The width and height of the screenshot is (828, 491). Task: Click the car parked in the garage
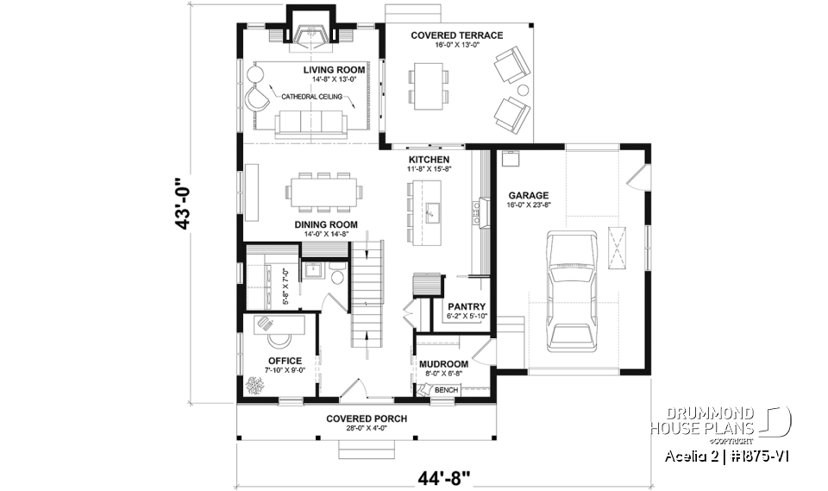pyautogui.click(x=570, y=290)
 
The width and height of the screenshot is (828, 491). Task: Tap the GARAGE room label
pyautogui.click(x=528, y=195)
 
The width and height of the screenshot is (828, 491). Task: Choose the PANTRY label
pyautogui.click(x=466, y=306)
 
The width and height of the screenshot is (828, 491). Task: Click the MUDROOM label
pyautogui.click(x=444, y=363)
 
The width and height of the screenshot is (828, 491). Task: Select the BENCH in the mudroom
pyautogui.click(x=445, y=390)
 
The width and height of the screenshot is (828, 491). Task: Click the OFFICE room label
pyautogui.click(x=285, y=361)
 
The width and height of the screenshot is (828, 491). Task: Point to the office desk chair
pyautogui.click(x=266, y=324)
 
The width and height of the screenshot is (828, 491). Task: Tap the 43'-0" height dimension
pyautogui.click(x=183, y=205)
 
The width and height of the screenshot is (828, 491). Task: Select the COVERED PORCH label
pyautogui.click(x=367, y=419)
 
